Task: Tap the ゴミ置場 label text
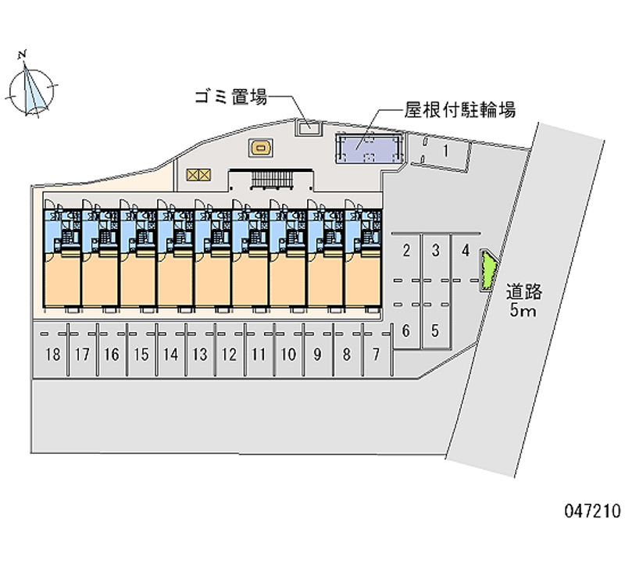pos(231,98)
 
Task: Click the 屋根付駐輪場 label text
pos(460,110)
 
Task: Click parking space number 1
pos(445,151)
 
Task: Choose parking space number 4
pos(466,251)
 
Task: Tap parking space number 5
pos(436,330)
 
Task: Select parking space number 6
pos(406,330)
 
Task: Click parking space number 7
pos(377,355)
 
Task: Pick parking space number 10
pos(288,355)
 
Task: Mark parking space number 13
pos(200,355)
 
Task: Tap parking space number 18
pos(52,355)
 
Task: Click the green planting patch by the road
pos(487,270)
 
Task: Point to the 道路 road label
pos(523,292)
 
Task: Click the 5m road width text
pos(523,312)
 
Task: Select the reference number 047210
pos(591,512)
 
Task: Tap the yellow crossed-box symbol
pos(199,174)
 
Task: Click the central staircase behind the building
pos(270,180)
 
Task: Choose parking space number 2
pos(406,251)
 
